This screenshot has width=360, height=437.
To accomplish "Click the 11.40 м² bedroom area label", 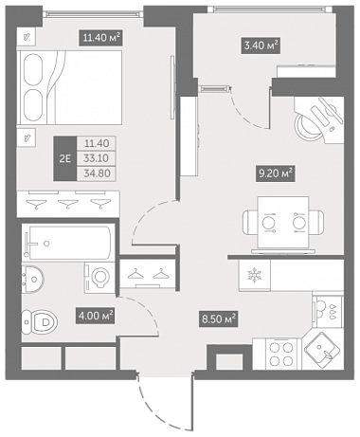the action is pos(100,38).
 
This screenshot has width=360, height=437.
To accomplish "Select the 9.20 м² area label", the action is pos(275,173).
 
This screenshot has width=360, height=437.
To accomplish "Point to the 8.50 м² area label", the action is pos(220,319).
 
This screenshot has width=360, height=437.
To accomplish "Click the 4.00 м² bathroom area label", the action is pos(95,316).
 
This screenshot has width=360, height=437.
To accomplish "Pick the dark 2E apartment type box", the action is pos(65,158).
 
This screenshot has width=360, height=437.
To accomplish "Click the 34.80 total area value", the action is pos(97,173).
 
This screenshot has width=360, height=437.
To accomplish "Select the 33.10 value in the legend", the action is pos(97,158).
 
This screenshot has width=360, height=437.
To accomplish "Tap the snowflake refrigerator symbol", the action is pos(255,275).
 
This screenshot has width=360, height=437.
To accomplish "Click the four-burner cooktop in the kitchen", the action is pos(282,354).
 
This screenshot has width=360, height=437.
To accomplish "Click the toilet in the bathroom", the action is pos(40,322).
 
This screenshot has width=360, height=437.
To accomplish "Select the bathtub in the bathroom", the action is pos(68,243).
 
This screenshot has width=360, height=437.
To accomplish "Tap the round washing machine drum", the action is pos(101,278).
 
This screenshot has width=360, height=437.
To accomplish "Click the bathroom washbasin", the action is pos(32,279).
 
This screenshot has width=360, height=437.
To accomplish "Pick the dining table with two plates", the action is pos(283,223).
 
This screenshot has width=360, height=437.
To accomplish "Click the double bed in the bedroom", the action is pos(71,87).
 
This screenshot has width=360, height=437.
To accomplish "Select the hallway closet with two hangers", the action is pos(148,273).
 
